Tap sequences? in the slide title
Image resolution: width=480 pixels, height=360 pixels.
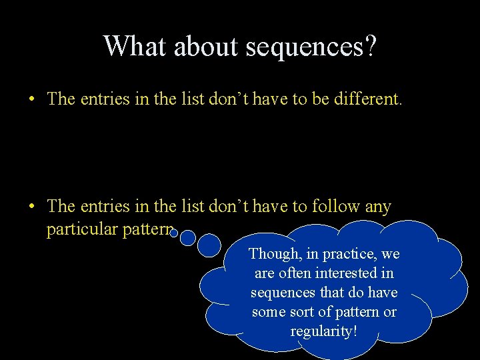coord(311,47)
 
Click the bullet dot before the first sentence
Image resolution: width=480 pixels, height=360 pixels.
coord(31,100)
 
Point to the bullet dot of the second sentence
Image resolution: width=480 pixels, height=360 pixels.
coord(31,207)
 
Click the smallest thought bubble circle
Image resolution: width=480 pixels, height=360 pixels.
coord(173,233)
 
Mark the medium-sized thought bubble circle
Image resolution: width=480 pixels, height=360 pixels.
coord(187,238)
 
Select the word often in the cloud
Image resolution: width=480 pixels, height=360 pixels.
coord(295,273)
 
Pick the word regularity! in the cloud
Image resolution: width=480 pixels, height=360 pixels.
coord(324,331)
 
